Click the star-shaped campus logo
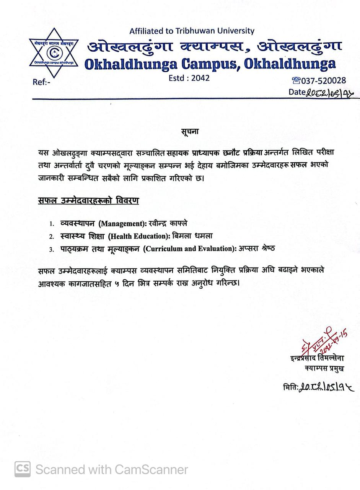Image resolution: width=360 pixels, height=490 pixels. click(54, 53)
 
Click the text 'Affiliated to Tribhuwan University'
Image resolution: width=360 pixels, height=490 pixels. click(192, 31)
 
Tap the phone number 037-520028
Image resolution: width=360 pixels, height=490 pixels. click(323, 80)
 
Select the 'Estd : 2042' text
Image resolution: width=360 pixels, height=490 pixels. click(189, 78)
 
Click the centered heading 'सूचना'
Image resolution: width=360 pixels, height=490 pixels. click(190, 132)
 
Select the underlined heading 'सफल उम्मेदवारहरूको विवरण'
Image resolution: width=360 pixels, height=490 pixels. click(88, 201)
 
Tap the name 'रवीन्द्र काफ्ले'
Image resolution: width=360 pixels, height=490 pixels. click(168, 223)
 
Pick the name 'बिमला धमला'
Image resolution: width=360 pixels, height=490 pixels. click(192, 236)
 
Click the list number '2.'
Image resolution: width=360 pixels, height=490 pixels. click(52, 237)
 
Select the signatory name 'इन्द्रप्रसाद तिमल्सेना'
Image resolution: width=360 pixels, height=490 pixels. click(317, 358)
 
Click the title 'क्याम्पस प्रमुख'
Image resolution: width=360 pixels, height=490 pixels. click(324, 368)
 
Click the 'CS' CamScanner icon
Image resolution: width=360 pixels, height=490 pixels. click(23, 469)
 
